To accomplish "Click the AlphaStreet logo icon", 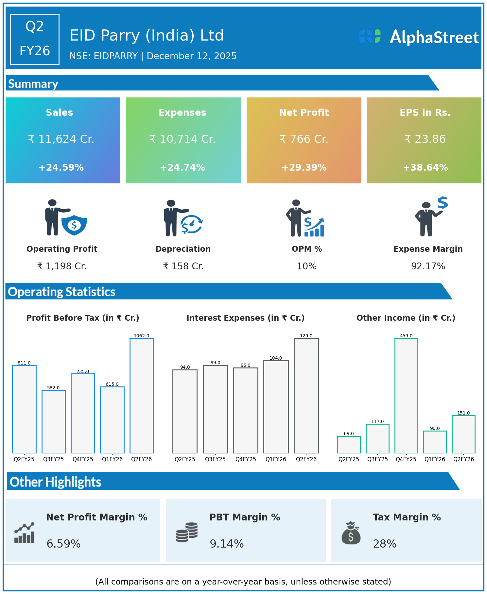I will pyautogui.click(x=369, y=36).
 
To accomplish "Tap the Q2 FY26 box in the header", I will pyautogui.click(x=35, y=39).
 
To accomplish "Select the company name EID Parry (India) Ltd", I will pyautogui.click(x=147, y=35).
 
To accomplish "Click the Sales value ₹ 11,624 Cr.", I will pyautogui.click(x=61, y=139).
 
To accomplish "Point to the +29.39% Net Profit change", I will pyautogui.click(x=304, y=168).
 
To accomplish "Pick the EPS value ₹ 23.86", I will pyautogui.click(x=425, y=139).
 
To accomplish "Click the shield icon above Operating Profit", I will pyautogui.click(x=74, y=225).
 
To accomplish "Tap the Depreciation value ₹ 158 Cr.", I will pyautogui.click(x=183, y=266).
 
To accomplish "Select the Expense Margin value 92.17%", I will pyautogui.click(x=428, y=266).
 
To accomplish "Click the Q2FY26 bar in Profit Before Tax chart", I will pyautogui.click(x=142, y=396).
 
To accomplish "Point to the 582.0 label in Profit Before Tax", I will pyautogui.click(x=53, y=388).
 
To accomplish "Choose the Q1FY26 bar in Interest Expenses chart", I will pyautogui.click(x=276, y=407).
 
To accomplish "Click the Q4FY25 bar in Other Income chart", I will pyautogui.click(x=406, y=396).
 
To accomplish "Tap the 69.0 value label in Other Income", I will pyautogui.click(x=349, y=433).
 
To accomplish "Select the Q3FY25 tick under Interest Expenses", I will pyautogui.click(x=215, y=459).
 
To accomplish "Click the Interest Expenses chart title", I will pyautogui.click(x=245, y=318).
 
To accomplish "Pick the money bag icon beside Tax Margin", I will pyautogui.click(x=351, y=533).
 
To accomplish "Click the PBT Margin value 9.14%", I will pyautogui.click(x=227, y=544).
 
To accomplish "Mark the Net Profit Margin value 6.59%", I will pyautogui.click(x=63, y=544).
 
